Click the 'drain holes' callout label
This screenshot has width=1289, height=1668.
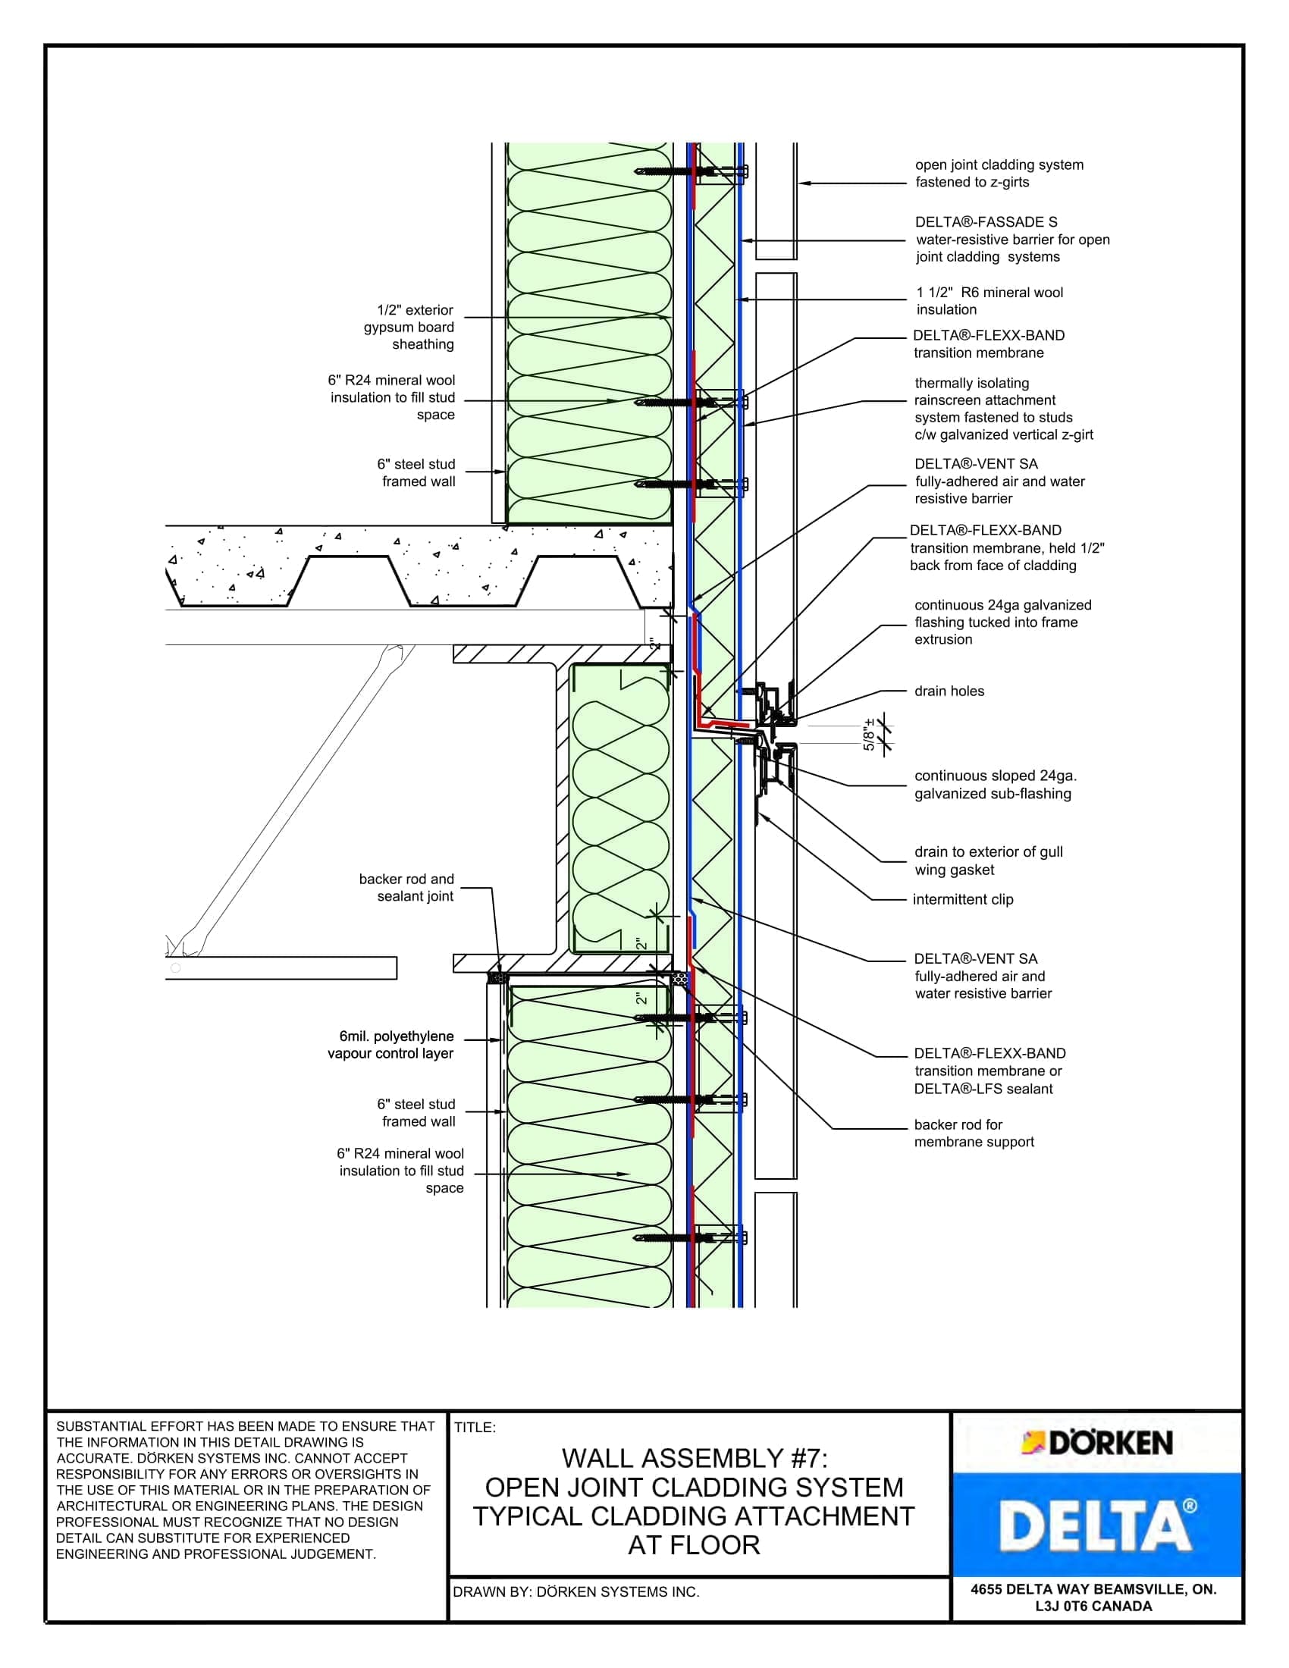click(x=949, y=691)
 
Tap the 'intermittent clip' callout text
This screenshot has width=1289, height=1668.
click(x=962, y=900)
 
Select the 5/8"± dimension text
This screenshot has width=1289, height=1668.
click(x=869, y=735)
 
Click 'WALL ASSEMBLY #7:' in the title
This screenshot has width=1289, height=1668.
click(x=694, y=1459)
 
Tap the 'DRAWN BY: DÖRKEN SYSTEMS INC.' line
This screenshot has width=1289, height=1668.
click(x=576, y=1592)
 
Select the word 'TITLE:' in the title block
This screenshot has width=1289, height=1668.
click(x=475, y=1428)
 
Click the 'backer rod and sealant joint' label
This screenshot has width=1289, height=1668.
click(x=406, y=888)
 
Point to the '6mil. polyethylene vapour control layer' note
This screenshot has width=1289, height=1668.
click(x=391, y=1045)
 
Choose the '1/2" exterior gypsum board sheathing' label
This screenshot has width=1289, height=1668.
click(x=409, y=327)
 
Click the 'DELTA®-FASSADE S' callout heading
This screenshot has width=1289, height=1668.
click(x=986, y=222)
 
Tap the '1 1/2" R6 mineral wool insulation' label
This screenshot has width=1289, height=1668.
click(x=989, y=301)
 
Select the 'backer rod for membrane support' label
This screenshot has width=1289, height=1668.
click(x=974, y=1133)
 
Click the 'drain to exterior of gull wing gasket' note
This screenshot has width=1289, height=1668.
click(x=988, y=861)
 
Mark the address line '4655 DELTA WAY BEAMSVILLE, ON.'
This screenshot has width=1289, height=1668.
click(x=1093, y=1589)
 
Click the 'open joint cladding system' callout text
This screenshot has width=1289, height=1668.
click(x=999, y=165)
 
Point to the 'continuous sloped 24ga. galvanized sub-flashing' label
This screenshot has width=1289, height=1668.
click(x=995, y=785)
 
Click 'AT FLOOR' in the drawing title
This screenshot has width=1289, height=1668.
click(x=693, y=1546)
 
